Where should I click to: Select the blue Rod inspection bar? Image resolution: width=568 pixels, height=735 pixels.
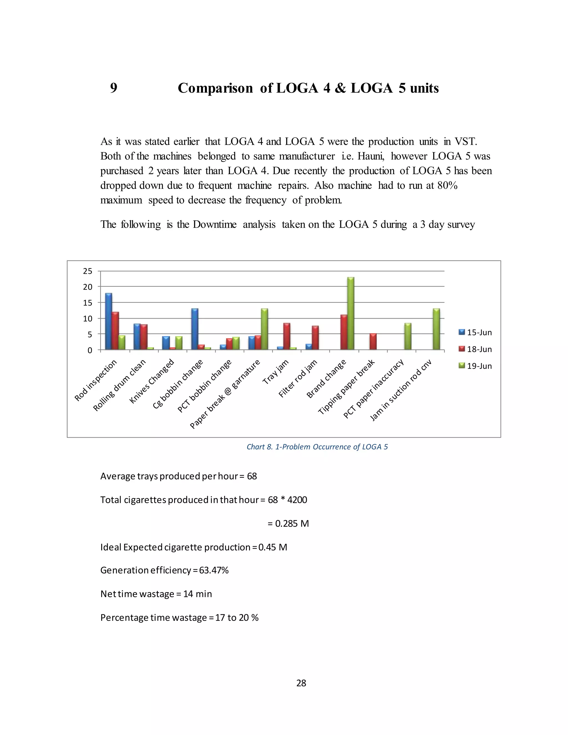coord(108,321)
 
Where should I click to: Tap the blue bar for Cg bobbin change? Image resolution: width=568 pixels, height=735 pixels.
coord(194,329)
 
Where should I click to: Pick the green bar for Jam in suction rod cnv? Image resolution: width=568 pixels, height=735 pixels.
coord(436,329)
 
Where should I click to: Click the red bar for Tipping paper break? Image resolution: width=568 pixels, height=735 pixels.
coord(373,342)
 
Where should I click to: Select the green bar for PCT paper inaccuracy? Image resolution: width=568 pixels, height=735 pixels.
coord(408,336)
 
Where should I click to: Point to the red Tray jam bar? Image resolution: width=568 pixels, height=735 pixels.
coord(287,336)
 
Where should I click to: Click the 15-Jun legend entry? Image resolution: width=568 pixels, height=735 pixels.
coord(475,333)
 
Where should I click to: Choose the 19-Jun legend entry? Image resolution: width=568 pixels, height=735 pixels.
coord(475,366)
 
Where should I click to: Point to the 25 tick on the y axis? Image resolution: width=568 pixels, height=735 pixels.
coord(87,271)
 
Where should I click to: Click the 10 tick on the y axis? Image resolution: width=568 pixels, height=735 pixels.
coord(87,319)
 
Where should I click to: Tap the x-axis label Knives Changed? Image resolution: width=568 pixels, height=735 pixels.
coord(152,381)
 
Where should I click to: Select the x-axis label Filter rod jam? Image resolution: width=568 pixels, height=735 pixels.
coord(298,379)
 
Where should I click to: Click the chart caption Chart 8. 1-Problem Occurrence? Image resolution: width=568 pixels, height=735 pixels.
coord(317,447)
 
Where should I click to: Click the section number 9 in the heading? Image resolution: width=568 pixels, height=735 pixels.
coord(114,88)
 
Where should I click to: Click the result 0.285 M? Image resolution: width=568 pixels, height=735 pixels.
coord(292,524)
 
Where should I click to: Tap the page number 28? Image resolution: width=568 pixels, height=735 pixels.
coord(301,683)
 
